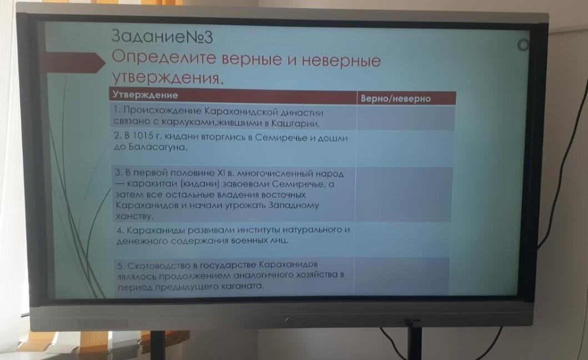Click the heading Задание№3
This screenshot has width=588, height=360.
pyautogui.click(x=162, y=37)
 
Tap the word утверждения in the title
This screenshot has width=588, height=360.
pyautogui.click(x=167, y=77)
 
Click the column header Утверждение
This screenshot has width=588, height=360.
pyautogui.click(x=145, y=95)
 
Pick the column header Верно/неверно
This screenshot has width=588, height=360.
pyautogui.click(x=396, y=99)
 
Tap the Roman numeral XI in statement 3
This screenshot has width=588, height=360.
pyautogui.click(x=221, y=173)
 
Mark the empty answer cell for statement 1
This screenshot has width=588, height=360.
pyautogui.click(x=405, y=118)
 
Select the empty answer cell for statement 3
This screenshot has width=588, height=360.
pyautogui.click(x=403, y=194)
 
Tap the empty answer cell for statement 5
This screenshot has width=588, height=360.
pyautogui.click(x=401, y=276)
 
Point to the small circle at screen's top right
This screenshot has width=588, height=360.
pyautogui.click(x=522, y=45)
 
